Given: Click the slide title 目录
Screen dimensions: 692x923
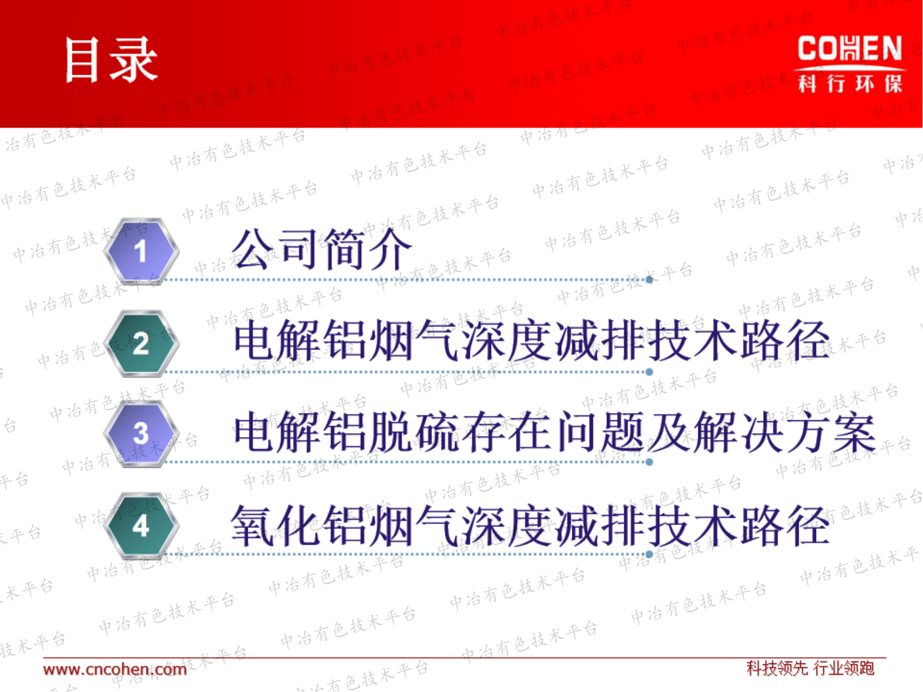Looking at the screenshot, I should click(x=111, y=60).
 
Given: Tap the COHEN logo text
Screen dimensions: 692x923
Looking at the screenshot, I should click(x=850, y=48).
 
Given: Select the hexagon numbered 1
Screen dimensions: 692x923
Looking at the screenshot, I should click(x=141, y=251).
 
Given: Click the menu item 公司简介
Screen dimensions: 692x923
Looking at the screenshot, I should click(x=322, y=249).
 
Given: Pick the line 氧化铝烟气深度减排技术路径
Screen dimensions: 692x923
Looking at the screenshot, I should click(x=531, y=525).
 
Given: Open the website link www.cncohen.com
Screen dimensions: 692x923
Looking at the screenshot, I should click(x=115, y=669).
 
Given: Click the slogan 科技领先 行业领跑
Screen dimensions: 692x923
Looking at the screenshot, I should click(x=810, y=668).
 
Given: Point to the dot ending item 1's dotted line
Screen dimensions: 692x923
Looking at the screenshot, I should click(x=649, y=280).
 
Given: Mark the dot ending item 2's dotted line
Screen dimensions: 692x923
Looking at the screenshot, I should click(x=649, y=372).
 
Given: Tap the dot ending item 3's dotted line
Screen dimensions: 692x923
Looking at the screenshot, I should click(x=649, y=462).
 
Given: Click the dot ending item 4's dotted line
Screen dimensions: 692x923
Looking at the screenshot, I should click(x=649, y=554).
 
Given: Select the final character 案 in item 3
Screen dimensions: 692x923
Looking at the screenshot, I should click(x=854, y=432).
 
